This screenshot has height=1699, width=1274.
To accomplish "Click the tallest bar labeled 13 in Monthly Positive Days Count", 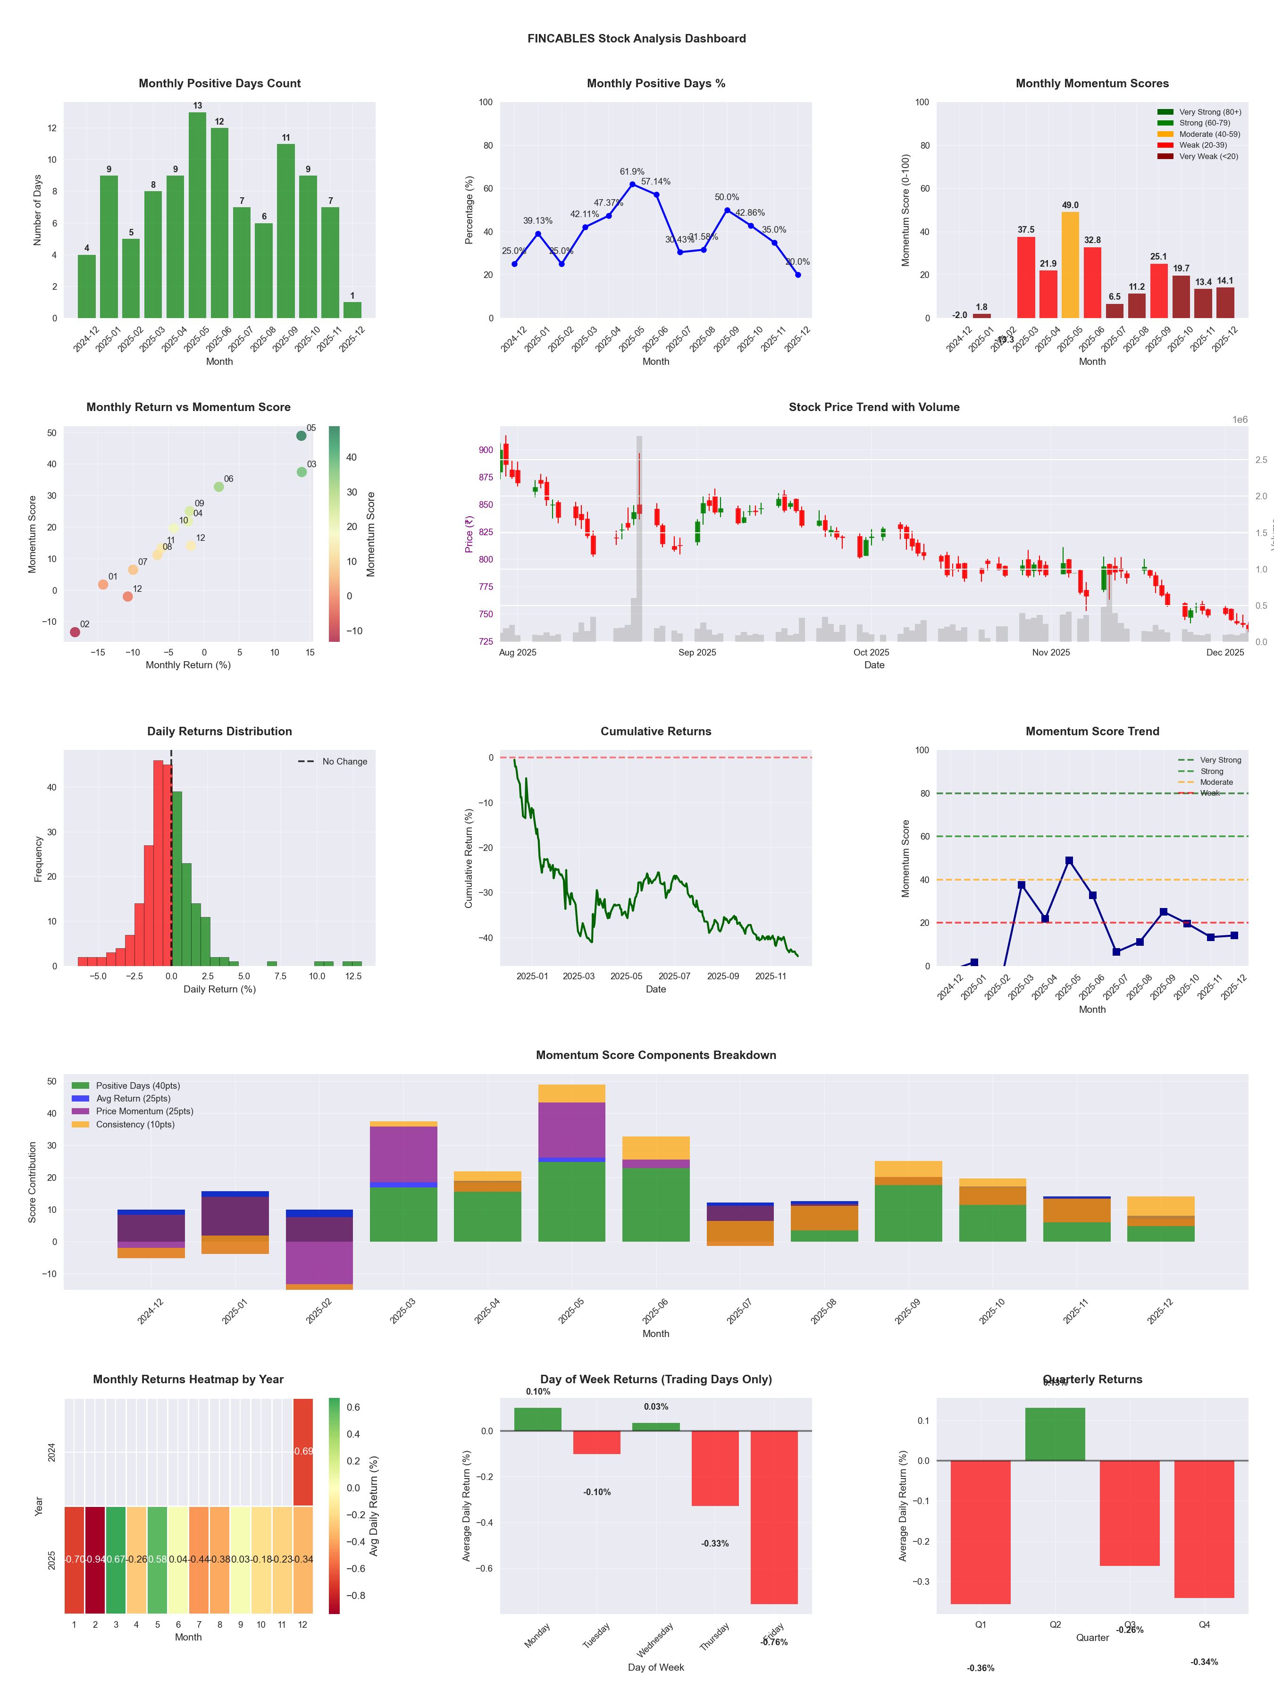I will click(197, 215).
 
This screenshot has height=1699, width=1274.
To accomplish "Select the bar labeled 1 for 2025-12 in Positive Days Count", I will click(352, 310).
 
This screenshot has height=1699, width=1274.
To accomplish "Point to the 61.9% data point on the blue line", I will click(632, 185).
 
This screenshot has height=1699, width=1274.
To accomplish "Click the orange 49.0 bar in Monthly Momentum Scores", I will click(1070, 265).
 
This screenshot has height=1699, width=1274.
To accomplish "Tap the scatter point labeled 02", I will click(75, 632).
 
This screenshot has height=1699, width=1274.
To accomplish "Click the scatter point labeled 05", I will click(301, 436).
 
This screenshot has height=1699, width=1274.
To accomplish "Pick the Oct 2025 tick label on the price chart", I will click(871, 653).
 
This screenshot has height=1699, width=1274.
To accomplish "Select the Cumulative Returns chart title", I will click(656, 731).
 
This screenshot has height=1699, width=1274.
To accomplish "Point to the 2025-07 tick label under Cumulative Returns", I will click(674, 976).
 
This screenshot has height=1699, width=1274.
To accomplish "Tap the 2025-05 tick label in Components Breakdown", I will click(571, 1310).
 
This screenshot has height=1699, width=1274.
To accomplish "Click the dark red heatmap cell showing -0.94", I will click(95, 1559).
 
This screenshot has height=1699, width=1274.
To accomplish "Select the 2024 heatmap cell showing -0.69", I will click(302, 1451).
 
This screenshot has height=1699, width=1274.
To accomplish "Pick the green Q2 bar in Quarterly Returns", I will click(1055, 1434).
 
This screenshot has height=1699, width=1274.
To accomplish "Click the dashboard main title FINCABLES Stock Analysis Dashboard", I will click(637, 38).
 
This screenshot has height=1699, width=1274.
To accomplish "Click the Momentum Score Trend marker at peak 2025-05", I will click(1069, 860).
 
